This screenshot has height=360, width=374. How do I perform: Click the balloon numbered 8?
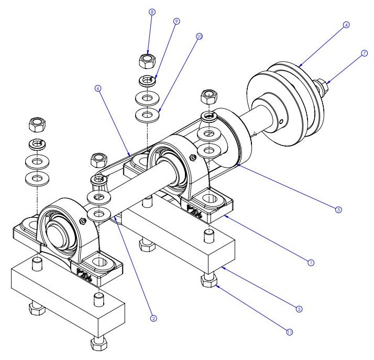pos(151,11)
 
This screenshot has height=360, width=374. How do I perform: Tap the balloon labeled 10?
pos(199,37)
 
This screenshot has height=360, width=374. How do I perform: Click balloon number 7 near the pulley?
pos(364,53)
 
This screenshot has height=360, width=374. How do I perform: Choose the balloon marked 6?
pos(98,89)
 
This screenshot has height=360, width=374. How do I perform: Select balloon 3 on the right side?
pos(339,209)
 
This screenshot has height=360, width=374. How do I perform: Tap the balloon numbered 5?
pos(299,309)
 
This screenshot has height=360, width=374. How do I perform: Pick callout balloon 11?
pos(289,331)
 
